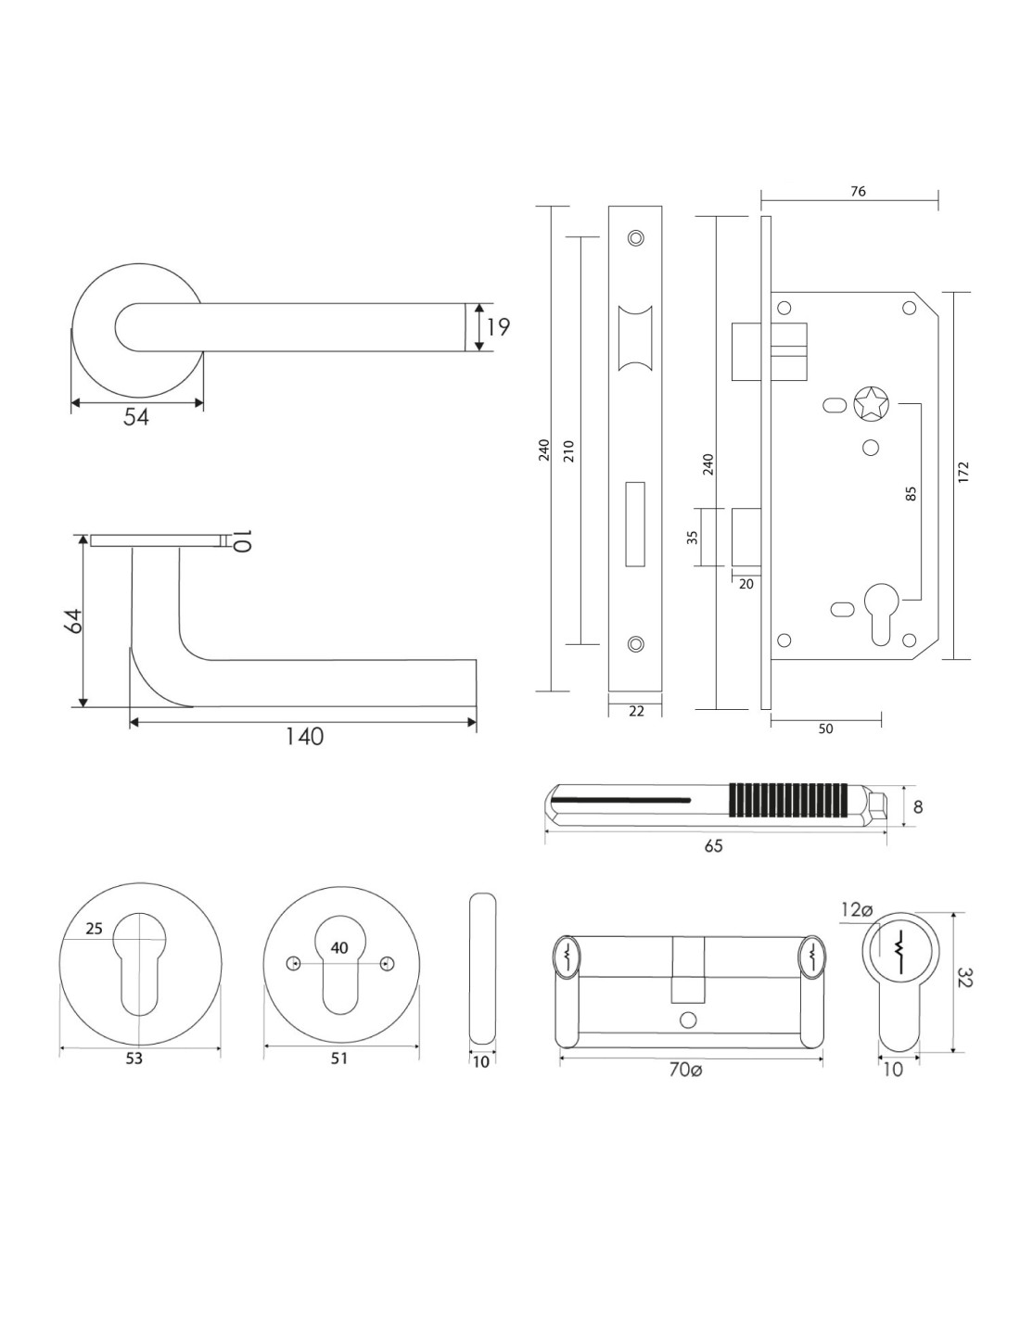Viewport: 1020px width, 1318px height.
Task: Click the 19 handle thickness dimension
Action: click(497, 327)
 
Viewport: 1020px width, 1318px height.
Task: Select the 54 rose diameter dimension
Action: click(136, 417)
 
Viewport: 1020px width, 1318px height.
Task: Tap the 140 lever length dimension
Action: click(303, 737)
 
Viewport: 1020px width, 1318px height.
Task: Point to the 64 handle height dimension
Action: click(74, 621)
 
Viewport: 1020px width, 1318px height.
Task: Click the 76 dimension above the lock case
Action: click(858, 191)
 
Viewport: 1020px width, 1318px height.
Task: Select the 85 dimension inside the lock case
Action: click(911, 494)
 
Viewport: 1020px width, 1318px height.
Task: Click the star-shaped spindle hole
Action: click(871, 404)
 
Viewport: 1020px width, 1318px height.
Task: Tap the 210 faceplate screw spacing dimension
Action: click(568, 450)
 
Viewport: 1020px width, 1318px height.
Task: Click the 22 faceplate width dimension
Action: click(636, 711)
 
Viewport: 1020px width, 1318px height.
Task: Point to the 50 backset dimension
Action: click(825, 729)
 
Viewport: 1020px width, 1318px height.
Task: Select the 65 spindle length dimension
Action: click(713, 845)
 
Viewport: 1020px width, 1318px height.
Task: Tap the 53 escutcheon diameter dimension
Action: click(134, 1058)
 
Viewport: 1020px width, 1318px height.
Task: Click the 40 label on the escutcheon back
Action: click(339, 948)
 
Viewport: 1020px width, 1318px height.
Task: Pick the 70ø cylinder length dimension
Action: click(686, 1070)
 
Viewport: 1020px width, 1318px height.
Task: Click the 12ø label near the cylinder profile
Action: click(857, 910)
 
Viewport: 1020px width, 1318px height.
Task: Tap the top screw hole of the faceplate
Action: click(635, 237)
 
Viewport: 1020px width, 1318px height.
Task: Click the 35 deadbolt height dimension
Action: click(693, 537)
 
